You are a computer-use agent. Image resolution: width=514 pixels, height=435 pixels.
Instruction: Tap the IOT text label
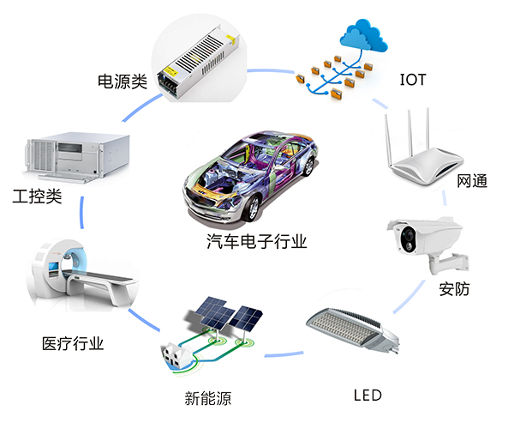pos(413,82)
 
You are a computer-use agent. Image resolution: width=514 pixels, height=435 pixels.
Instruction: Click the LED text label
pos(368,396)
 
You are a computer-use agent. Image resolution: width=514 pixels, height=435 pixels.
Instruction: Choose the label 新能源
pos(208,398)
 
